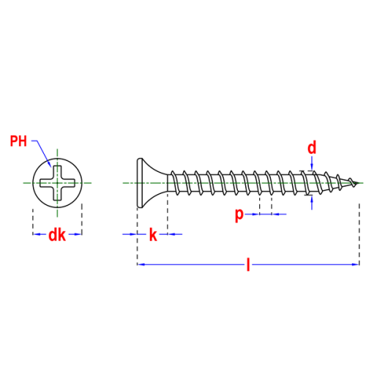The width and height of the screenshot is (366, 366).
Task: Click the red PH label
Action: [x=18, y=141]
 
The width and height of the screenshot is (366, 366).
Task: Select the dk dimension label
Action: [x=57, y=235]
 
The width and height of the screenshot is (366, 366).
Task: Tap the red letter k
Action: [x=153, y=235]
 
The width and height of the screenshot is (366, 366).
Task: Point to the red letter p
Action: [x=239, y=215]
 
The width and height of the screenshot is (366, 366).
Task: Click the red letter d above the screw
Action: [x=312, y=148]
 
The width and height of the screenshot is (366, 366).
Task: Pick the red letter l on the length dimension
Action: [x=248, y=264]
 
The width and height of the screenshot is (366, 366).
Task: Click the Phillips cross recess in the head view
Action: [x=57, y=183]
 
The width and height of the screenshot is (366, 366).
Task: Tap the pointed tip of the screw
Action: [x=359, y=183]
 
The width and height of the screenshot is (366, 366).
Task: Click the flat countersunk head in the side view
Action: [x=152, y=183]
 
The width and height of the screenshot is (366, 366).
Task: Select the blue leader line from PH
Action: [x=42, y=152]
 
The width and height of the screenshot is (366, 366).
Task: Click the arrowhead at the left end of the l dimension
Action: [x=141, y=264]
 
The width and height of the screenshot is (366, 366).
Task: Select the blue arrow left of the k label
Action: [x=130, y=234]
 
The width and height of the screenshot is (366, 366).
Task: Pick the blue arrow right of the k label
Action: [x=175, y=234]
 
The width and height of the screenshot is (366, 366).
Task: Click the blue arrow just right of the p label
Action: [x=252, y=214]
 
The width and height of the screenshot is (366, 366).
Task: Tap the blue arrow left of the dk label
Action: [x=40, y=234]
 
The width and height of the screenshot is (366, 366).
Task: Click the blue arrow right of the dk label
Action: [x=75, y=234]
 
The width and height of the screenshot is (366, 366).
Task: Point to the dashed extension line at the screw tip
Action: [x=359, y=234]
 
